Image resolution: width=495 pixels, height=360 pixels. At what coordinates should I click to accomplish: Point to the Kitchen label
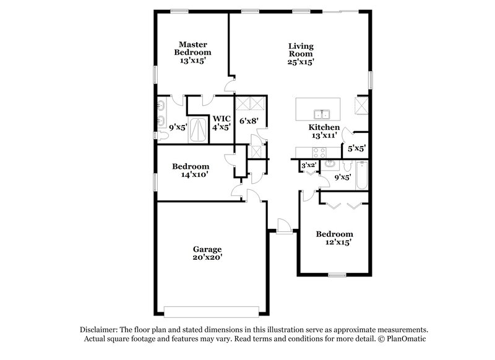(324, 127)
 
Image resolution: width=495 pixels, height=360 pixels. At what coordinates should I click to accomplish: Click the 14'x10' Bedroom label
(191, 170)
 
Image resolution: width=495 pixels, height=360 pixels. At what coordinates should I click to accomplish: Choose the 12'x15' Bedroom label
(334, 238)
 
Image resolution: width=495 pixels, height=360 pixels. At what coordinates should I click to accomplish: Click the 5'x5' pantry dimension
(357, 148)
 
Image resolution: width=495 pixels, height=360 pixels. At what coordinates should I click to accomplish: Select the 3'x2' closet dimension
(308, 165)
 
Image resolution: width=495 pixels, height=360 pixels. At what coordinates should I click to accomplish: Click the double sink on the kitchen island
(322, 114)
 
